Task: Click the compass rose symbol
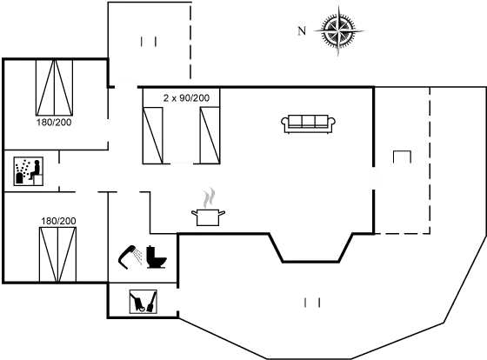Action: click(338, 31)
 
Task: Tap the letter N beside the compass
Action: click(302, 31)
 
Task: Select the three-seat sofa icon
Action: click(308, 123)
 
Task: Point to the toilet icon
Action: click(157, 257)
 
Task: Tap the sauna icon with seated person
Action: click(28, 171)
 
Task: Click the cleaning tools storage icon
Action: click(143, 301)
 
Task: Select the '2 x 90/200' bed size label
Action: click(186, 98)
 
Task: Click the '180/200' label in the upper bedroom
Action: click(54, 123)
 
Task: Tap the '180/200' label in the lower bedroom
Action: click(58, 221)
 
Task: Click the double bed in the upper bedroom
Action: click(54, 88)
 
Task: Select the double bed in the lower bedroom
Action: click(57, 255)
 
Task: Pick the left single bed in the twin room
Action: click(152, 136)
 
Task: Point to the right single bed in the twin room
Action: click(210, 136)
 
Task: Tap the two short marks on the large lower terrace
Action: click(312, 303)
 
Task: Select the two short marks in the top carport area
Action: click(149, 42)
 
